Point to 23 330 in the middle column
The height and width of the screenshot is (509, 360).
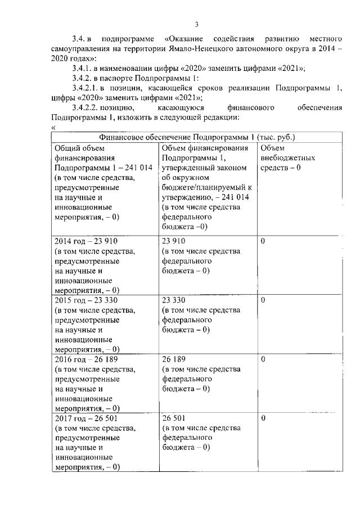(x=174, y=300)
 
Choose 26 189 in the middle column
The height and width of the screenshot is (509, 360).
(x=174, y=359)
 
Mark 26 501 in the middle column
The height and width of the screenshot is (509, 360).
(x=174, y=418)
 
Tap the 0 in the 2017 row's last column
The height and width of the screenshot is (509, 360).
(x=263, y=418)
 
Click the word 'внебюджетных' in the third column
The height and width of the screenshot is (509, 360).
(x=287, y=158)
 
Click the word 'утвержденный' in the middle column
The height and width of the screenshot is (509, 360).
(x=187, y=168)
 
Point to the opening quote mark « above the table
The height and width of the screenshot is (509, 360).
(x=53, y=127)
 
